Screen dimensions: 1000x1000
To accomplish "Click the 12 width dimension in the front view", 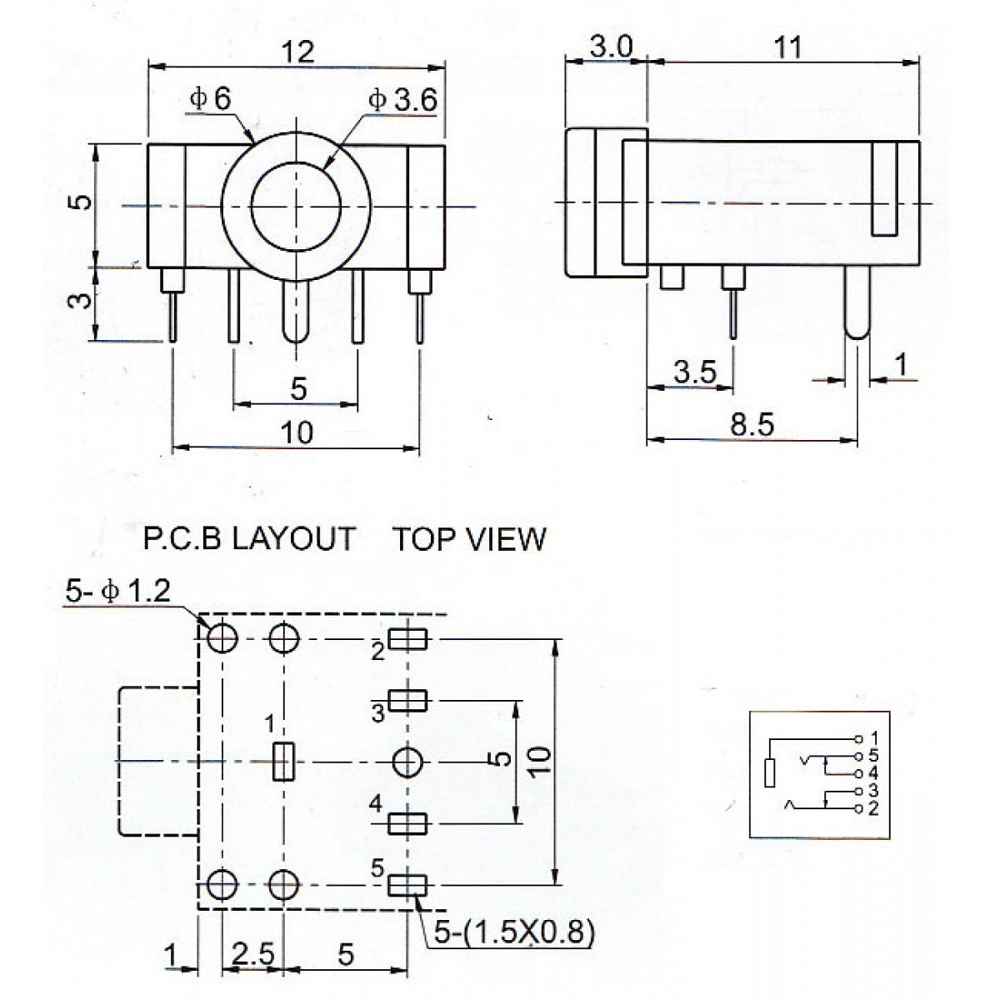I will click(x=297, y=51).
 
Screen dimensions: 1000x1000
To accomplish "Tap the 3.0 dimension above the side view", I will click(x=611, y=47).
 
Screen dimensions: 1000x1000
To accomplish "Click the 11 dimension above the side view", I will click(x=787, y=47).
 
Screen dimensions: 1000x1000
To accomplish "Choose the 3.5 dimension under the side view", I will click(x=695, y=372).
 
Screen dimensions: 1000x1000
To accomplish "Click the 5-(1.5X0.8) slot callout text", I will click(x=510, y=931).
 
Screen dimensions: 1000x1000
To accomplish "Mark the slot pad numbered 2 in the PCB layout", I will click(x=408, y=639).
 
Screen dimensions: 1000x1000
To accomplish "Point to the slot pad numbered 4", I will click(x=408, y=823).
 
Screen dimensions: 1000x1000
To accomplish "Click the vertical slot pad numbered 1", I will click(x=284, y=761).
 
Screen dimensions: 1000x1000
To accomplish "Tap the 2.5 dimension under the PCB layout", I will click(x=252, y=955).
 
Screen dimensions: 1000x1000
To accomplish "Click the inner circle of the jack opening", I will click(x=295, y=206).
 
